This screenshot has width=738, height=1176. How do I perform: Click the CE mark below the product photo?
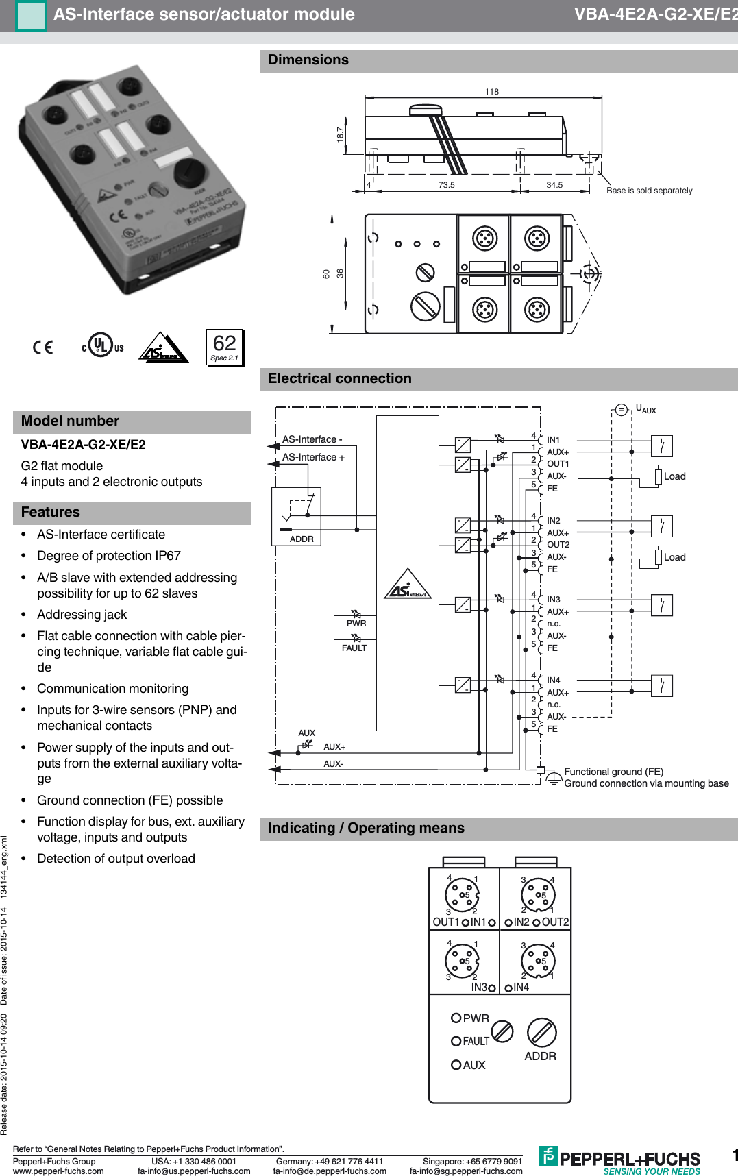point(43,347)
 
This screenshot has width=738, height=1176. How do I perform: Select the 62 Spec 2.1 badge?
point(225,347)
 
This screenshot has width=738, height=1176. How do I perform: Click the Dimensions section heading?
point(308,60)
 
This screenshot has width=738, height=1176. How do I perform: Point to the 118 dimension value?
point(491,92)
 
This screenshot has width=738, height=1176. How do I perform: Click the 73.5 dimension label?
point(446,185)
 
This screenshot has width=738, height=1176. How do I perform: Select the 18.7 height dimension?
point(341,134)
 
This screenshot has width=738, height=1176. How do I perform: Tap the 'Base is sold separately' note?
point(649,191)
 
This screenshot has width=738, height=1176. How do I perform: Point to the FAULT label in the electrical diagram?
point(354,648)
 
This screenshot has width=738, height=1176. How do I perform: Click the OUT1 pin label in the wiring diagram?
point(558,464)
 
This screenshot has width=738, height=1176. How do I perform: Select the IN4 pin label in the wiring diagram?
point(554,681)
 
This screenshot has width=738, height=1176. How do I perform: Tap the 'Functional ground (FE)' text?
point(613,772)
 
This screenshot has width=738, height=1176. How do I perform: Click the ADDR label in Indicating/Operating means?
point(540,1057)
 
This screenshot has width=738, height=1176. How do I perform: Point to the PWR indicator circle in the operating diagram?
point(456,1018)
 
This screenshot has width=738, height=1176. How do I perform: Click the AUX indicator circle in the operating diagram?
point(456,1064)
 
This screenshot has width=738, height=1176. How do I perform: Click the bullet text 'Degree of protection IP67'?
point(109,556)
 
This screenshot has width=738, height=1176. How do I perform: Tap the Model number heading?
point(70,421)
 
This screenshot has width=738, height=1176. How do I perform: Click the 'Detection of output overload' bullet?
point(116,859)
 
